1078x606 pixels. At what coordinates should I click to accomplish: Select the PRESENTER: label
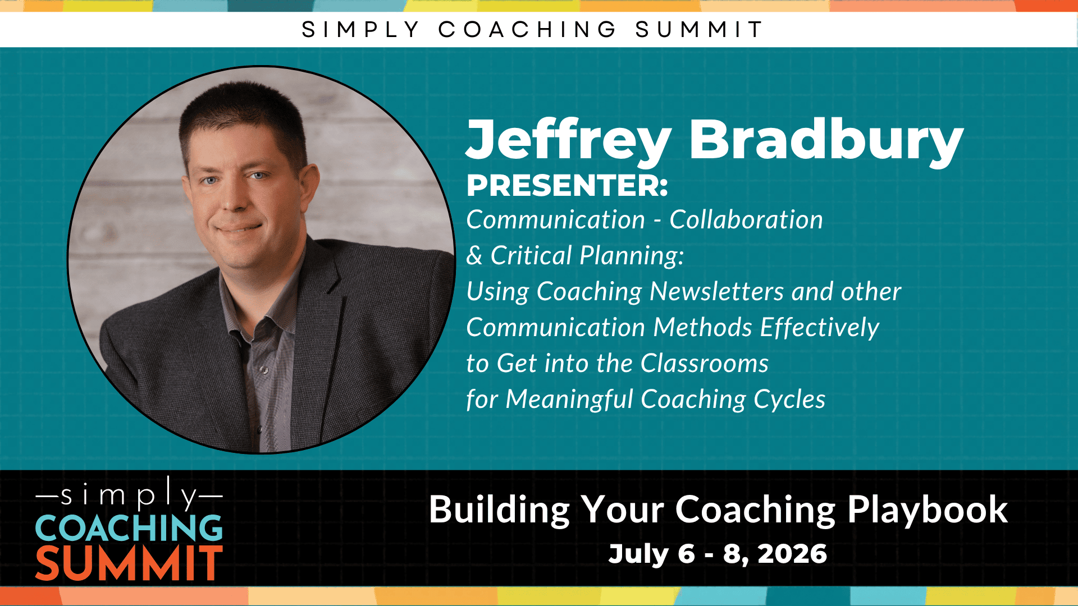[567, 186]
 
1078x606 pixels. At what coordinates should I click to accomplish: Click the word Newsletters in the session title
[717, 291]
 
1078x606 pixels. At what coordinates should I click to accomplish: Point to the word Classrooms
[705, 363]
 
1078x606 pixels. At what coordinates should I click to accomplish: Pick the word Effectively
[820, 328]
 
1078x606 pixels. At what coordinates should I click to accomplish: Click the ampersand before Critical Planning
[474, 256]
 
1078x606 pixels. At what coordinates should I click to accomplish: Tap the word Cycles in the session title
[789, 400]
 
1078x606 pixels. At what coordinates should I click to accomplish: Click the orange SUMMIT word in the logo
[129, 563]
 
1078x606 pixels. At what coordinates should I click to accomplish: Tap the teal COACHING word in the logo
[129, 528]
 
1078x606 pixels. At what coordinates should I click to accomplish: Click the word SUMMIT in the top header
[700, 29]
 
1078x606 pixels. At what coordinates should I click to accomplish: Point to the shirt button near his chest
[264, 370]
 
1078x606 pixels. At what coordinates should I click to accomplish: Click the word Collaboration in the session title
[746, 219]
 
